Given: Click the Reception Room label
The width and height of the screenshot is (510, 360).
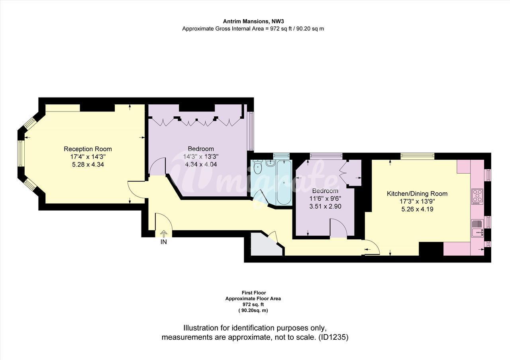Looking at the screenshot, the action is pos(88,149).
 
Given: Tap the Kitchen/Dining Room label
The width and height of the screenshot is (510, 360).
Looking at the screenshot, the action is pos(417,194).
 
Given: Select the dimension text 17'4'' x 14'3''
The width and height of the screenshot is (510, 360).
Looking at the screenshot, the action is pos(88,157).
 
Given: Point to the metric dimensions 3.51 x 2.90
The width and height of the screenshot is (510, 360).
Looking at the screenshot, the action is pos(325,206).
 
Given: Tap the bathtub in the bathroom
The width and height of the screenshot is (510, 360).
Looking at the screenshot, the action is pos(284,182).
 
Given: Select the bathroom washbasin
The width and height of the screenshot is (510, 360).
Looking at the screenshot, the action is pos(271,163).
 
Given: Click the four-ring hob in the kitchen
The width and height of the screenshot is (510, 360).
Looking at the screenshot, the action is pos(477,196).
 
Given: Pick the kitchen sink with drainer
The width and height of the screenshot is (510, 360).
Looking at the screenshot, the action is pos(477,228).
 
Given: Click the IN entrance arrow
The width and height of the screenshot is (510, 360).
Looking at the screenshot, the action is pos(164,234).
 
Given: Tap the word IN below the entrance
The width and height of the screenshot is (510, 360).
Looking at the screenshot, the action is pos(164,242).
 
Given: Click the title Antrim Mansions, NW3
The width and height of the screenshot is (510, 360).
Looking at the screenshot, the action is pos(253,22).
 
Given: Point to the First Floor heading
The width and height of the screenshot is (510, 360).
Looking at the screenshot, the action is pos(254,293).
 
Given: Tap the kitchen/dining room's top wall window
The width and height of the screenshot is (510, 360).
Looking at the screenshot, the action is pos(418,156).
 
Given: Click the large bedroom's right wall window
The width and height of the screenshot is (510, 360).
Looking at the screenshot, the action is pos(251,131).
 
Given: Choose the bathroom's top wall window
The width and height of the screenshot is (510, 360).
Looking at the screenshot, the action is pos(281,156).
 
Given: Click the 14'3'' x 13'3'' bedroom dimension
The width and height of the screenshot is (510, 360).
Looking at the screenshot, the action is pos(201,157).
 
